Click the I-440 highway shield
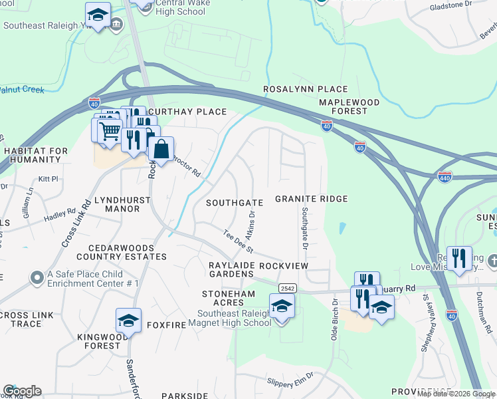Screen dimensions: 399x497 [445, 178]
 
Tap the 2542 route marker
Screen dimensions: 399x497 [287, 288]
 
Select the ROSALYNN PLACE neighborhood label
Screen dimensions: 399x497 [305, 89]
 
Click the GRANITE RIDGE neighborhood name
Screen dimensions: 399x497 [312, 199]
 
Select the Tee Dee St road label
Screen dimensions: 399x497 [239, 240]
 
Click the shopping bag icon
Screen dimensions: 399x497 [161, 150]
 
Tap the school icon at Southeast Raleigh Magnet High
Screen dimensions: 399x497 [282, 307]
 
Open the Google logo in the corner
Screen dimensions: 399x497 [22, 390]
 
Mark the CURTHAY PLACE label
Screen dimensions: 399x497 [187, 112]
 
